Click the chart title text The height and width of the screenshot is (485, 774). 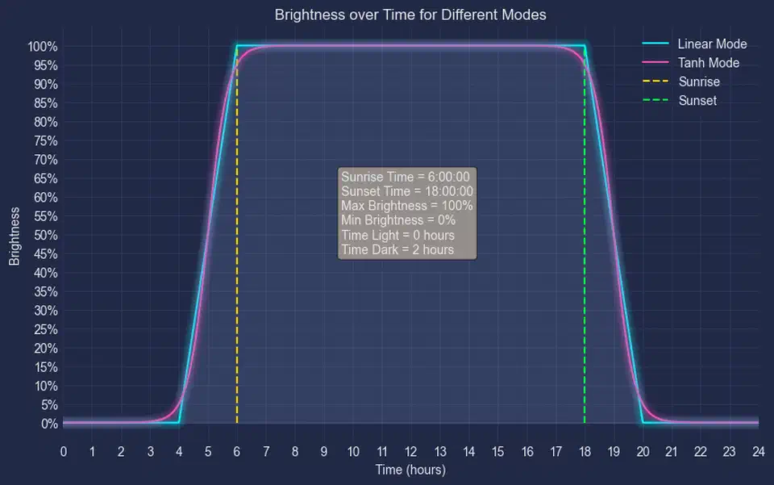(410, 15)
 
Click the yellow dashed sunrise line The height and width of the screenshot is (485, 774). (237, 323)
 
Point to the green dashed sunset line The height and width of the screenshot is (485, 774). (585, 323)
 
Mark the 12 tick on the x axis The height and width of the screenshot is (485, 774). (411, 451)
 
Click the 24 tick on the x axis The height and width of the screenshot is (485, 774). (758, 451)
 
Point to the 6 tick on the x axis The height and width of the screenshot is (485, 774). (237, 451)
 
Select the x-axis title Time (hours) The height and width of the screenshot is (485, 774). (410, 470)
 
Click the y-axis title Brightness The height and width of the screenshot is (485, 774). (15, 235)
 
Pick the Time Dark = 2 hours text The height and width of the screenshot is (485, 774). (397, 250)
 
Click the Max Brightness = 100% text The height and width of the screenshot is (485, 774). (407, 206)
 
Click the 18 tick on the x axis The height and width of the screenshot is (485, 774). (585, 451)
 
